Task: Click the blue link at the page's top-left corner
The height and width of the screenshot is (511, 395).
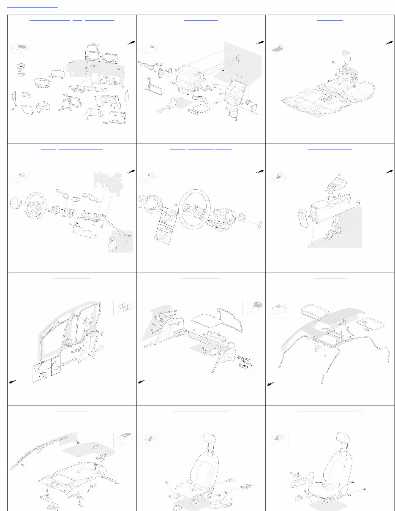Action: (x=33, y=7)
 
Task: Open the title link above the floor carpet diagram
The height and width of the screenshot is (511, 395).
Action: (x=330, y=19)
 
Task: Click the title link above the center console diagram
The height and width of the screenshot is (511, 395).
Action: (x=330, y=149)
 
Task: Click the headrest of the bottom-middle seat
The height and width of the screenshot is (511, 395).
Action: (x=210, y=439)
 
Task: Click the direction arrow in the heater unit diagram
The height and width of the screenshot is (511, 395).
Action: (x=259, y=43)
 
